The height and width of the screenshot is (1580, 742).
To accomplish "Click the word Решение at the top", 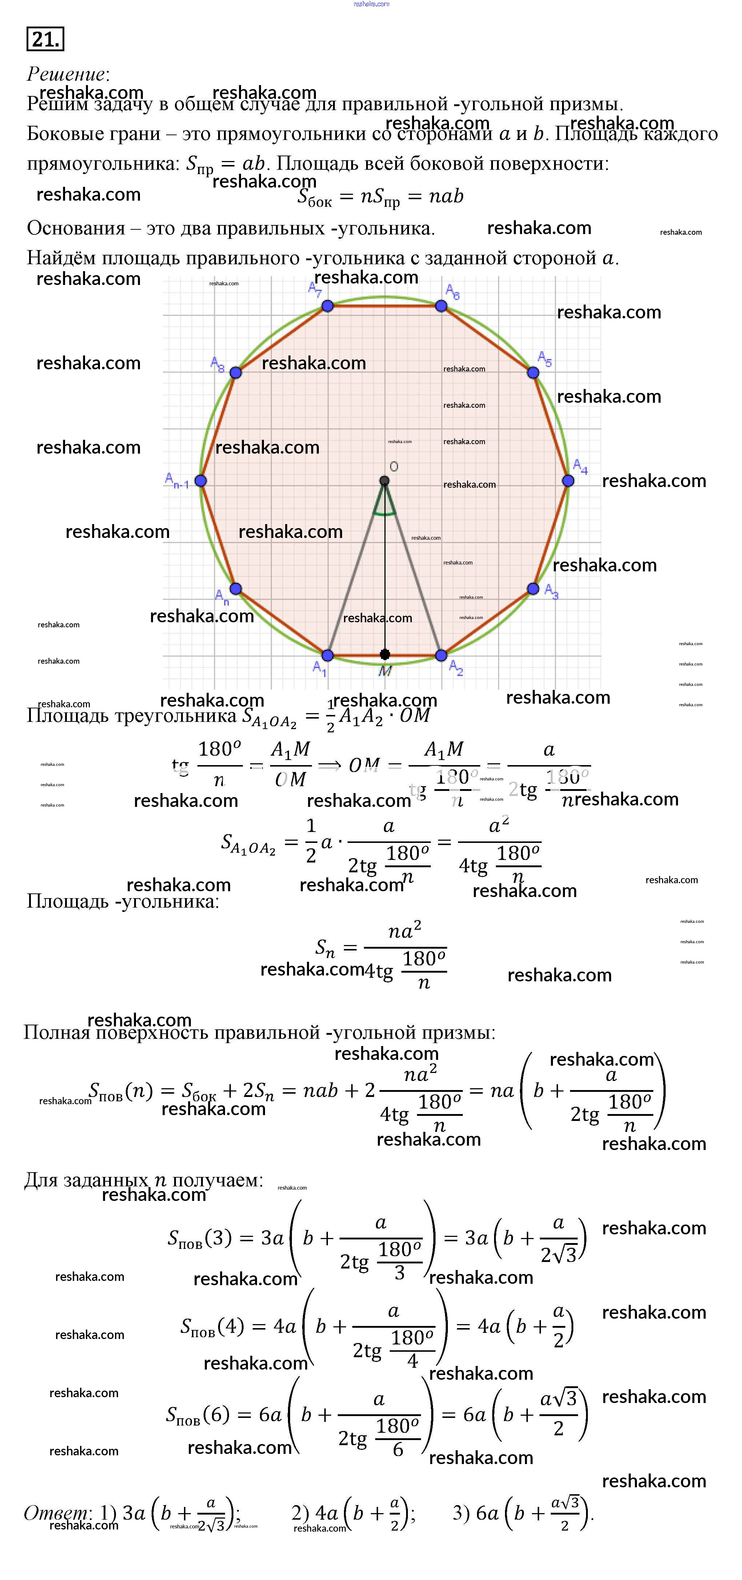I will [x=66, y=74].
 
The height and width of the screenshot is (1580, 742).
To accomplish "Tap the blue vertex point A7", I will [x=328, y=305].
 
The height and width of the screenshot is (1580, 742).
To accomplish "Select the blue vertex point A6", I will [x=441, y=305].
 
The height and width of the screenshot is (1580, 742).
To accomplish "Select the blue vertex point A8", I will [x=236, y=372].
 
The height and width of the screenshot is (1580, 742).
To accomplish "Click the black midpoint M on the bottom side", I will [x=385, y=655].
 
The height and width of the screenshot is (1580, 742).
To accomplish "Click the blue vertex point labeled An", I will [x=236, y=589].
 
